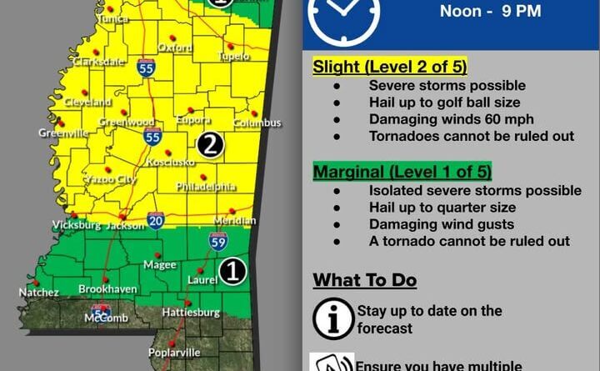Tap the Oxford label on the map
[x=175, y=48]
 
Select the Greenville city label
[x=62, y=133]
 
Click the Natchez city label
[x=39, y=293]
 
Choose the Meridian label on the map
[x=234, y=221]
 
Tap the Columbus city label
[x=257, y=123]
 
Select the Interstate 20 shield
[x=156, y=220]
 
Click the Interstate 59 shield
[x=217, y=242]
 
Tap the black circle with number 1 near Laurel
[x=233, y=272]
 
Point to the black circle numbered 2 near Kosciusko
[x=211, y=145]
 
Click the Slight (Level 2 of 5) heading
[x=389, y=67]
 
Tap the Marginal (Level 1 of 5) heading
[x=402, y=172]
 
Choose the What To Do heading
[x=364, y=280]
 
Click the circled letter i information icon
[x=332, y=318]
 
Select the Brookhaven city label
[x=102, y=288]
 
